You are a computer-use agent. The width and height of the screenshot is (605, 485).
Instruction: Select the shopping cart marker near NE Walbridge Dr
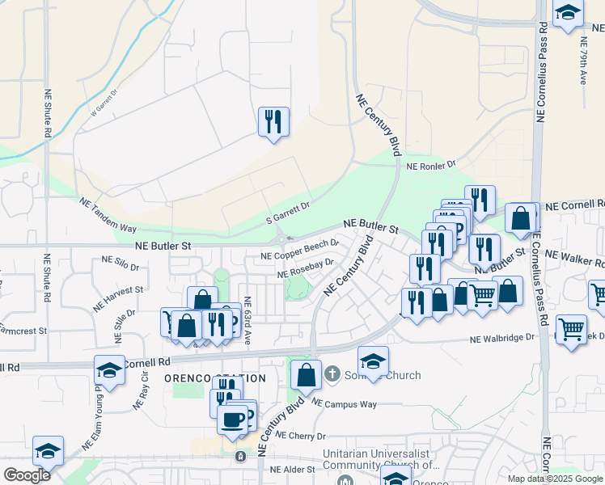(571, 329)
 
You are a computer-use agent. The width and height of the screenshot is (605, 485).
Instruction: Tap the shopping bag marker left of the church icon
(306, 375)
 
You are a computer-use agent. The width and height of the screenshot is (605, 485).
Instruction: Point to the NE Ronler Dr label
(431, 166)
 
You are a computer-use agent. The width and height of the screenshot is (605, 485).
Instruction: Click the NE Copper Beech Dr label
(298, 250)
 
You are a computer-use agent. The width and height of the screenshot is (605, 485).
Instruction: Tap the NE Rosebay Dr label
(305, 268)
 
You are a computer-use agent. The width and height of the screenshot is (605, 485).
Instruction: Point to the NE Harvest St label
(116, 290)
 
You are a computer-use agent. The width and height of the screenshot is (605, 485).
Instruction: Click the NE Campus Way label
(345, 403)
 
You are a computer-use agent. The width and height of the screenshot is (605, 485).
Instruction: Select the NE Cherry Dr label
(299, 434)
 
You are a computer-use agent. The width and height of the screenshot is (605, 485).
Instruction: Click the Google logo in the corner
(27, 475)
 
